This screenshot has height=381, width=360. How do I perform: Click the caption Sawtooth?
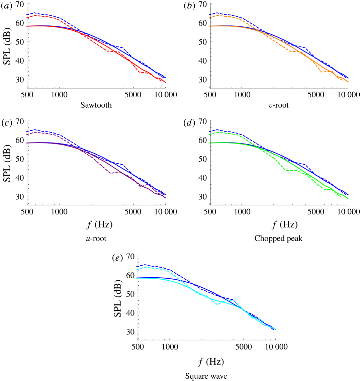click(96, 105)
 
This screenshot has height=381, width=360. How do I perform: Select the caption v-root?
click(278, 105)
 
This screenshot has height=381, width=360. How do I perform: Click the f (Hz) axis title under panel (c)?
click(96, 225)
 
